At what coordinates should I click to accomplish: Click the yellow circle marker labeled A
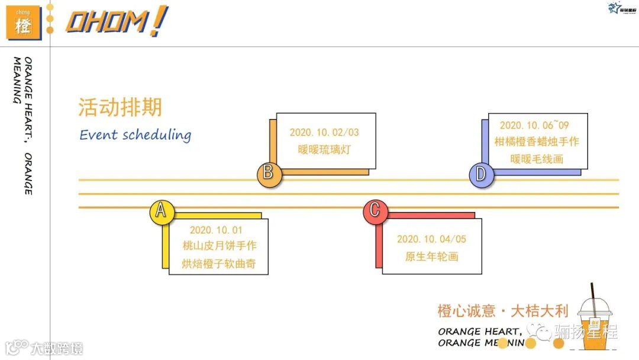coord(161,211)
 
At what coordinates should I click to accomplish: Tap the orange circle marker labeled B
coord(268,173)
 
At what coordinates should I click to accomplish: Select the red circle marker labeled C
coord(375,211)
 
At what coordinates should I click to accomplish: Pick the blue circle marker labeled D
coord(481,175)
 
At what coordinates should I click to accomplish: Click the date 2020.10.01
coord(216,230)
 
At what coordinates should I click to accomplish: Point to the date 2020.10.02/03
coord(324,132)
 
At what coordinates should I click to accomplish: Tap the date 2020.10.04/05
coord(431,239)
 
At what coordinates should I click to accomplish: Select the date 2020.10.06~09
coord(534,125)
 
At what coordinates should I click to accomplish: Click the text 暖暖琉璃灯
coord(324,149)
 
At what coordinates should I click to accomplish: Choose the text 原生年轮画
coord(431,256)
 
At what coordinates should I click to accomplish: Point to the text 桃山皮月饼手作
coord(220,246)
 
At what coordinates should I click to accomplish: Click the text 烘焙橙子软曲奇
coord(220,264)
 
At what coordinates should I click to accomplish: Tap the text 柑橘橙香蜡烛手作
coord(537,142)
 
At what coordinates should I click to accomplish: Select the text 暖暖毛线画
coord(537,159)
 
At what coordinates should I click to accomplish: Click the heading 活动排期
coord(120,108)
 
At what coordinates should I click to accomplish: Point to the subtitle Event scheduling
coord(135,134)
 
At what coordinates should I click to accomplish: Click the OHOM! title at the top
coord(116,22)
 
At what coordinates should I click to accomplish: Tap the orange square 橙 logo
coord(23,24)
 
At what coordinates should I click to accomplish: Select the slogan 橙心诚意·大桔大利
coord(502,311)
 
